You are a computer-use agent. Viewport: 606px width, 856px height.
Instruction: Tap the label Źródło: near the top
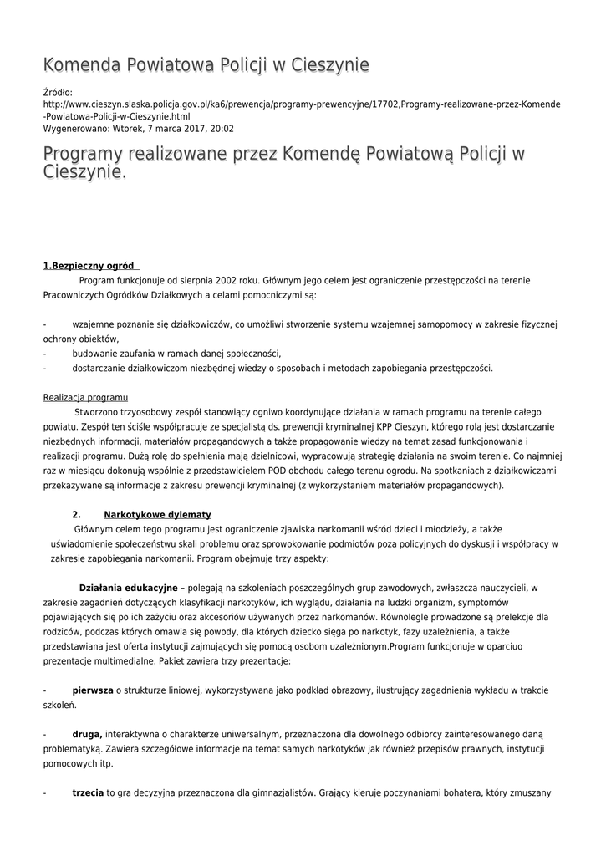[58, 92]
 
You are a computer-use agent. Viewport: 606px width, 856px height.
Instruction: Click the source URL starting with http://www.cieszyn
[301, 104]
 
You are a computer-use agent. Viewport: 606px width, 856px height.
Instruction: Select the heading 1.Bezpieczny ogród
[89, 266]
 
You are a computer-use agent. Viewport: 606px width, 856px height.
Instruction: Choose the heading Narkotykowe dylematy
[157, 514]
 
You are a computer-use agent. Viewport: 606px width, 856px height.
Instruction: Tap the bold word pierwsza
[93, 690]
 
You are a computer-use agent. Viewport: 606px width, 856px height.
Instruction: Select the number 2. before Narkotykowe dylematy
[76, 514]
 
